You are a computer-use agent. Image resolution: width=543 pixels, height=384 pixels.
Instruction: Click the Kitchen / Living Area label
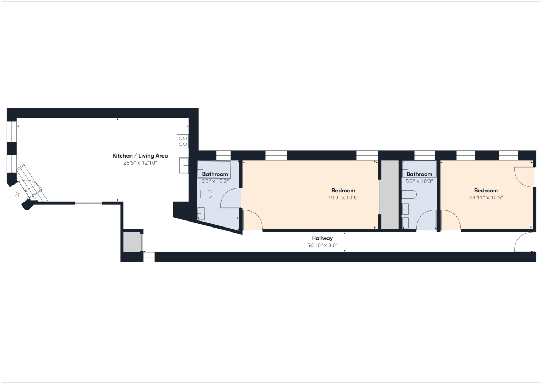[140, 156]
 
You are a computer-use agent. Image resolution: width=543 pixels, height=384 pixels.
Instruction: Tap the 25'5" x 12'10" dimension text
[140, 163]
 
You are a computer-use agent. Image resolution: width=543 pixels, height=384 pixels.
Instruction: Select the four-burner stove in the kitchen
[183, 141]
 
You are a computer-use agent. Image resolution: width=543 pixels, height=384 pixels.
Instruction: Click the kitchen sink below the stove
[183, 165]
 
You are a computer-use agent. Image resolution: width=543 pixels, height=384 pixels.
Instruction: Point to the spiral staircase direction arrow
[17, 194]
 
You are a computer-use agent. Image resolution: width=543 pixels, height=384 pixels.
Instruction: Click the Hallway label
[322, 238]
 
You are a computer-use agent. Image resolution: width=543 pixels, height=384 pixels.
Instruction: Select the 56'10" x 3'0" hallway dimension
[322, 245]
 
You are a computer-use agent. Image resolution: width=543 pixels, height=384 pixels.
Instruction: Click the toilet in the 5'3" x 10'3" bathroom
[409, 194]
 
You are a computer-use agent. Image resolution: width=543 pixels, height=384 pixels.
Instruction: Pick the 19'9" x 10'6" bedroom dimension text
[343, 198]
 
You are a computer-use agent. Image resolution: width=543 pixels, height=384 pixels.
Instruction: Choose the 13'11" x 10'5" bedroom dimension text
[486, 198]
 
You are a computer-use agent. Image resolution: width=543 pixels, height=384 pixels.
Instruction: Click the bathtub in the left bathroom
[214, 170]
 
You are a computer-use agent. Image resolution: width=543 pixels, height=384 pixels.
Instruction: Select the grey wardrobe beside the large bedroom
[390, 194]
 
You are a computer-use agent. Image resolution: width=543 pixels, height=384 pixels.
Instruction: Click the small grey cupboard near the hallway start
[132, 242]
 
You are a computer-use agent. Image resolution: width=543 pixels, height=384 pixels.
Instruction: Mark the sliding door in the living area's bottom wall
[89, 203]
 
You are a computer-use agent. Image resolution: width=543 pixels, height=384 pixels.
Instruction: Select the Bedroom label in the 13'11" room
[486, 191]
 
